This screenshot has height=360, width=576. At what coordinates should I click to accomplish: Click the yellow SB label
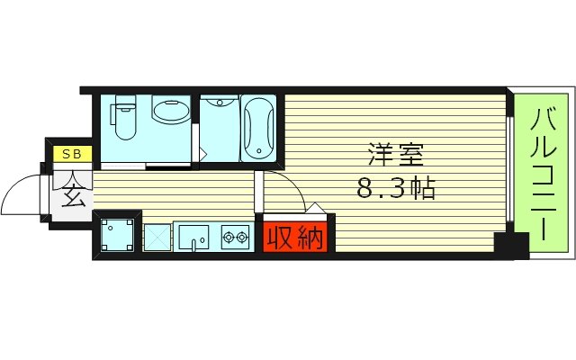71,154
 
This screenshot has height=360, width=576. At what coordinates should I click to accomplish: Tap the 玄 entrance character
73,193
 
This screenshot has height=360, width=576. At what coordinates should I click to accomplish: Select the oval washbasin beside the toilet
170,112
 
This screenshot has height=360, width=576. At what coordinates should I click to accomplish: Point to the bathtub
258,127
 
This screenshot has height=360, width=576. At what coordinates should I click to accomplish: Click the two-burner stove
233,238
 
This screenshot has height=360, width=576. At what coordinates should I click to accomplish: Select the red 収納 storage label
293,238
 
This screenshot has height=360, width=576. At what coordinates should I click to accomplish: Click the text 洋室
394,154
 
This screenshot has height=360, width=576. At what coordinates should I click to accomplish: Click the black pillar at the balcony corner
510,243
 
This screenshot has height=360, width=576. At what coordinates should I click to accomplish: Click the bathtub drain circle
258,150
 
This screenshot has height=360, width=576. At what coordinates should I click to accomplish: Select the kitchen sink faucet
200,240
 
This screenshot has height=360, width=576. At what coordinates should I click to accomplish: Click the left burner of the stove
227,238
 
